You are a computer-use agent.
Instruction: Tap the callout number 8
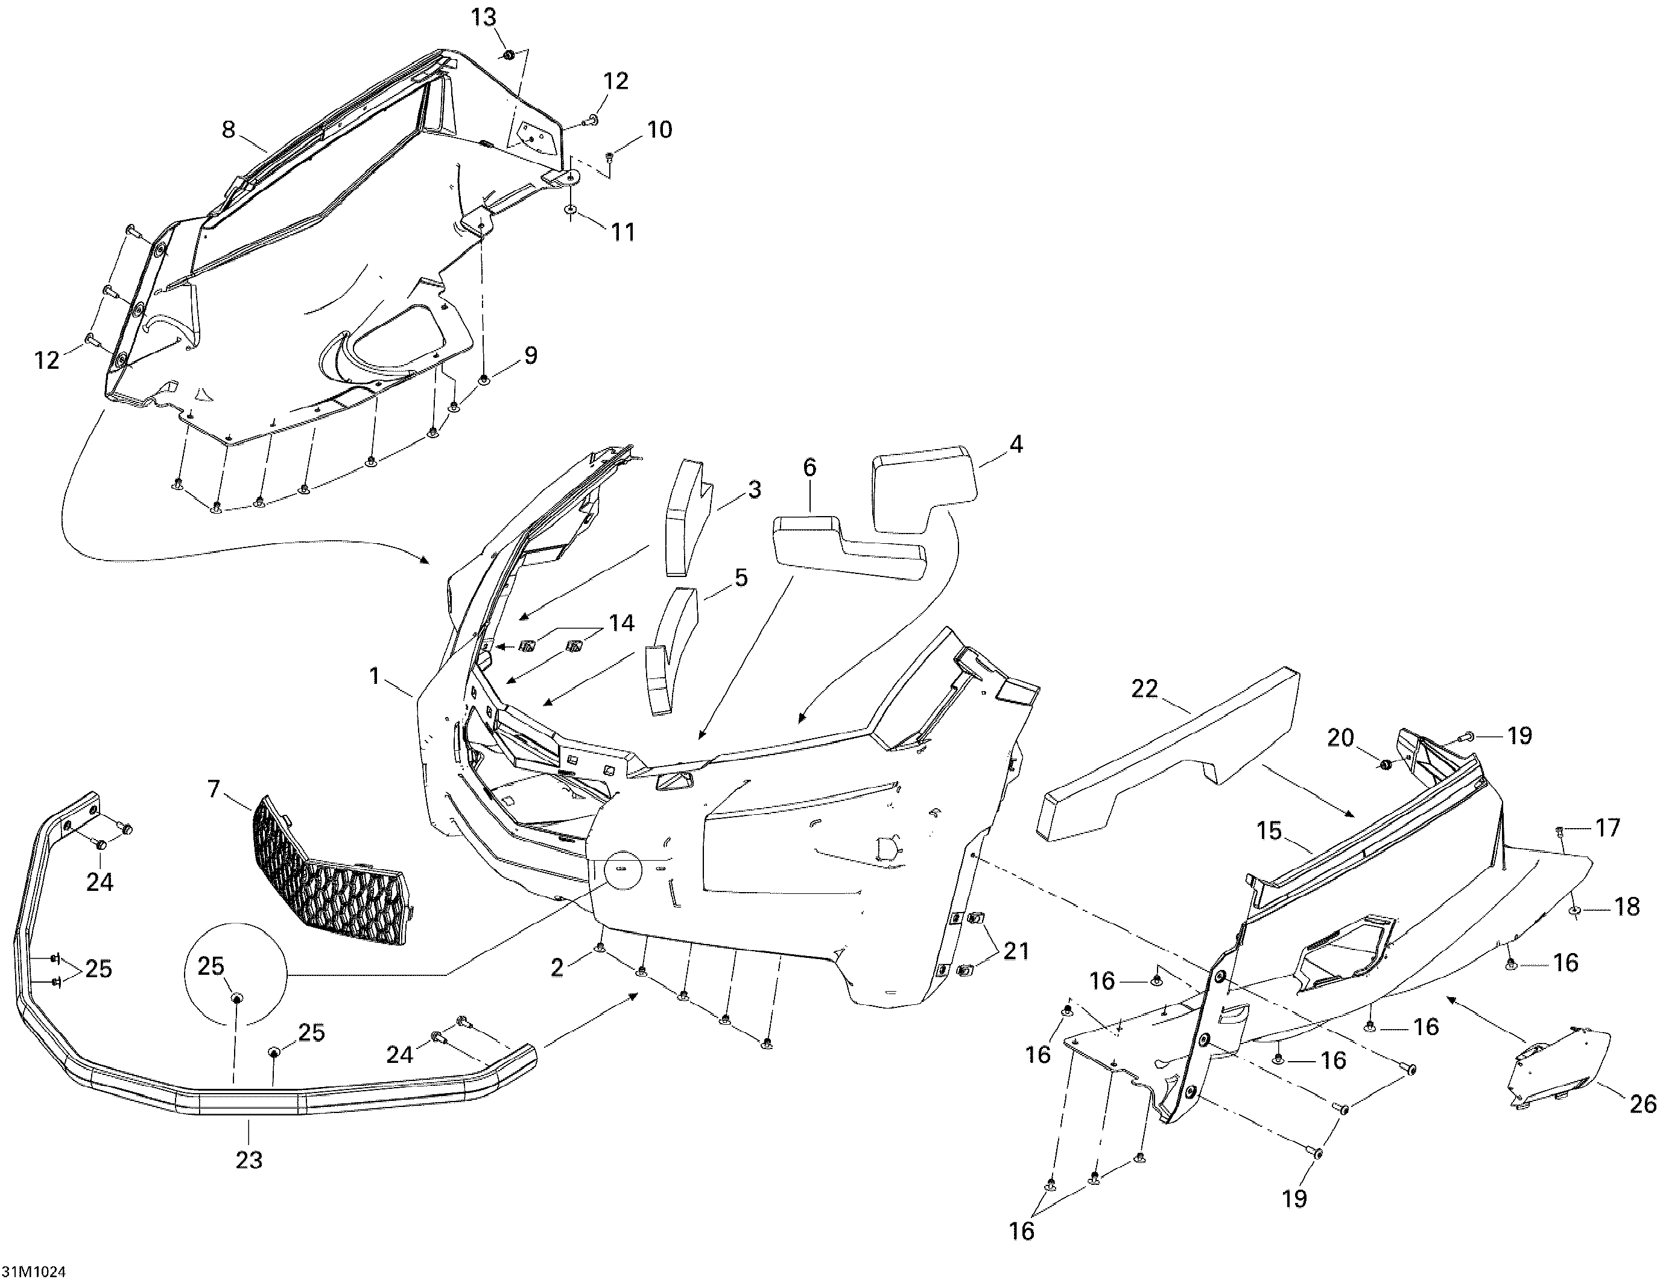click(x=229, y=129)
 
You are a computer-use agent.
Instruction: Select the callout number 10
click(x=660, y=130)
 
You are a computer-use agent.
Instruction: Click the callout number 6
click(x=809, y=468)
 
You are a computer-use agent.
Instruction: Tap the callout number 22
click(x=1145, y=689)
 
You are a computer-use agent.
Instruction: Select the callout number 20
click(x=1341, y=738)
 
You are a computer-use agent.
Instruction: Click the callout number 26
click(x=1643, y=1103)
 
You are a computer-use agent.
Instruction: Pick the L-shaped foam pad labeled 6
click(x=844, y=551)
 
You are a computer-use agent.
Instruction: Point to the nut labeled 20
click(x=1384, y=764)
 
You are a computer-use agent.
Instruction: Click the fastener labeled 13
click(x=508, y=55)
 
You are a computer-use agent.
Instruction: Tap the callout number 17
click(x=1608, y=828)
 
